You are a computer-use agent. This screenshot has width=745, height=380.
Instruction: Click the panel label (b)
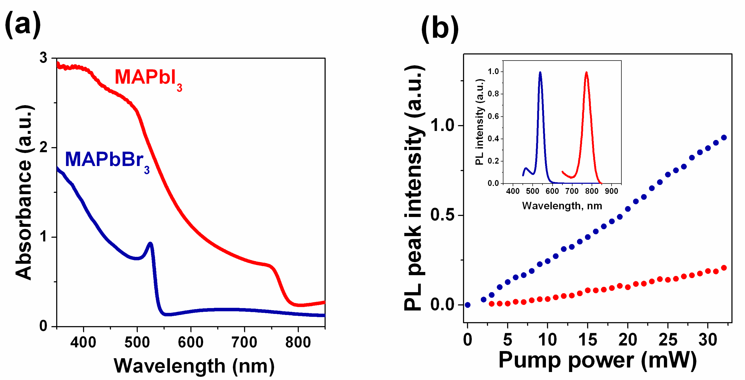tap(440, 29)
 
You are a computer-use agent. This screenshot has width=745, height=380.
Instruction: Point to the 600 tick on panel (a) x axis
tap(191, 342)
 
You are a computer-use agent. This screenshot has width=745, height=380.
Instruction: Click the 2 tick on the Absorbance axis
tap(43, 148)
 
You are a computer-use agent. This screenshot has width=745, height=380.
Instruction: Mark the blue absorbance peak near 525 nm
tap(150, 244)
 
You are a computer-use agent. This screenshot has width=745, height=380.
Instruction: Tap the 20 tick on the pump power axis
tap(628, 340)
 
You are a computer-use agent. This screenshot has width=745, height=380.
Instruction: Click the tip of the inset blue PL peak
tap(540, 72)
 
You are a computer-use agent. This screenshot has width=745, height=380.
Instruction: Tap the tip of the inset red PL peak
tap(586, 72)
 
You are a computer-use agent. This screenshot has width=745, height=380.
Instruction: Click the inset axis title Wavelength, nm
tap(562, 206)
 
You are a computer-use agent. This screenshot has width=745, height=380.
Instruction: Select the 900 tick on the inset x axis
tap(611, 191)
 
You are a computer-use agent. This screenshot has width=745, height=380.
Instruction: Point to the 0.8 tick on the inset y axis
tap(493, 94)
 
